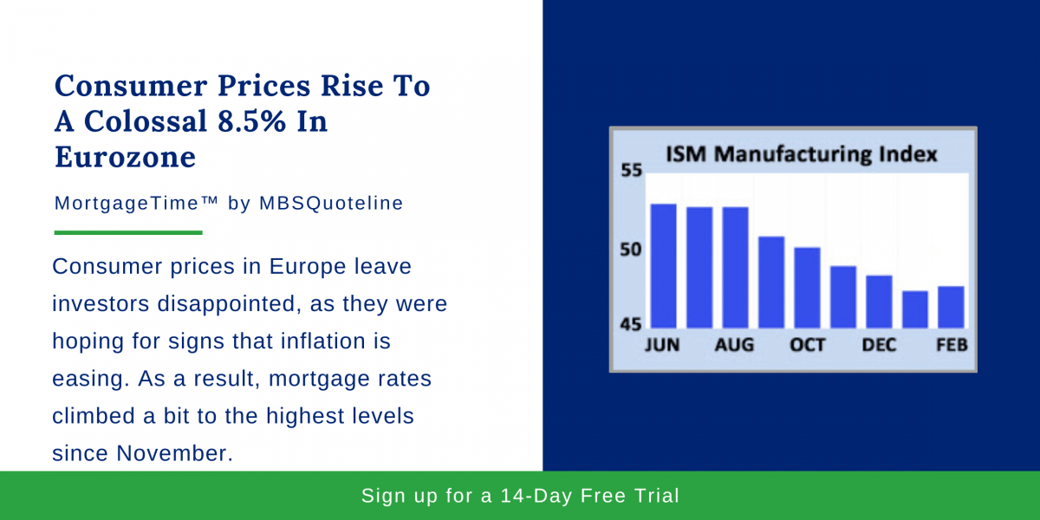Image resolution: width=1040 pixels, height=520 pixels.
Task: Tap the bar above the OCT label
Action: coord(807,287)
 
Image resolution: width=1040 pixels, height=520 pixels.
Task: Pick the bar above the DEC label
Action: coord(879,301)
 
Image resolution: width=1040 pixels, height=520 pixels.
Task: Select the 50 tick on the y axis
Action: coord(632,250)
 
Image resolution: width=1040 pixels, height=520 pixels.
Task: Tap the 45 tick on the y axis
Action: coord(632,325)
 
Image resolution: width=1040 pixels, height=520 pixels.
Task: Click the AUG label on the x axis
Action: coord(734,345)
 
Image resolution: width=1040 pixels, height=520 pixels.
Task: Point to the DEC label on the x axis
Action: coord(879,345)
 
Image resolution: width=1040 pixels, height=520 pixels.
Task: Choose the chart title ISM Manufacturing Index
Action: coord(801,154)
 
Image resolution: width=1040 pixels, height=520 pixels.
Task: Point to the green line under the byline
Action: coord(128,232)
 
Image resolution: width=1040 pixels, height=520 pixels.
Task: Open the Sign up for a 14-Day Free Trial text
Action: coord(520,496)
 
